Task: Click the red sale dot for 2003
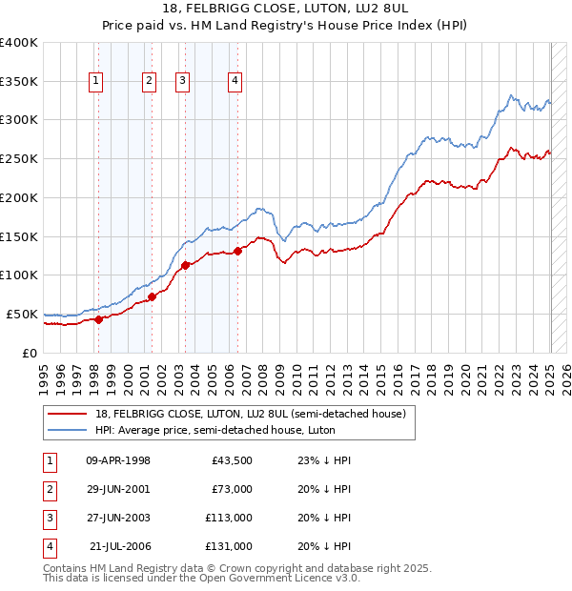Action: click(185, 265)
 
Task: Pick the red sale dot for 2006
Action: click(237, 251)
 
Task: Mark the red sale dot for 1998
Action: click(98, 319)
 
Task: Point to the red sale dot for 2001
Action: click(153, 296)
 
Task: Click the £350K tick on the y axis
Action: click(19, 81)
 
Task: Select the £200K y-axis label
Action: click(19, 197)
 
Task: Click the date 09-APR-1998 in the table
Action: click(118, 460)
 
